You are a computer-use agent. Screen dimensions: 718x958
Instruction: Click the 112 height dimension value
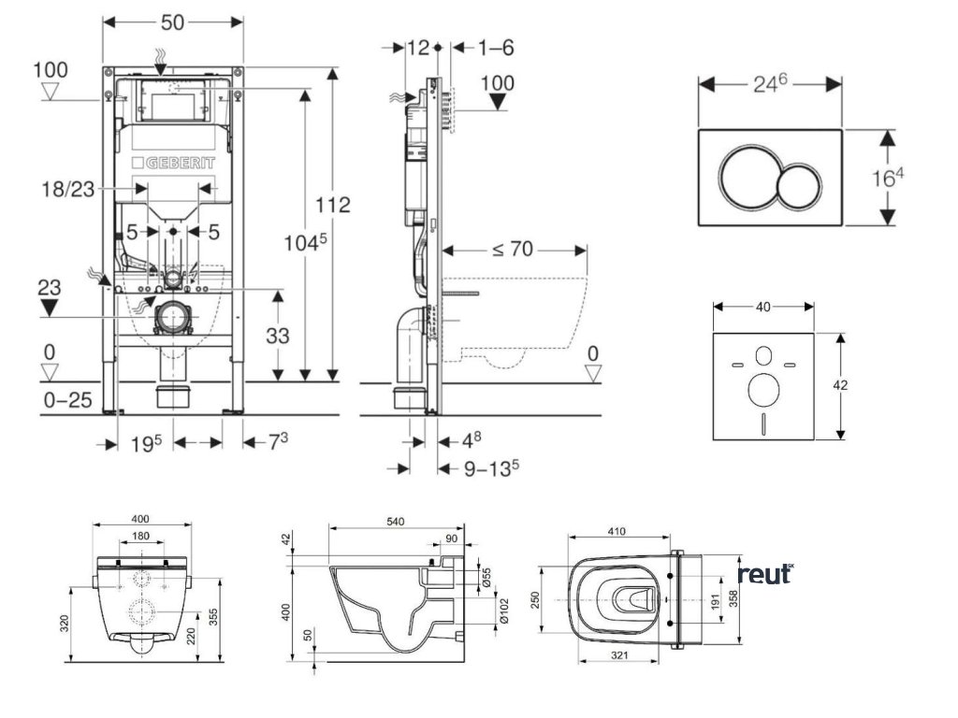point(333,205)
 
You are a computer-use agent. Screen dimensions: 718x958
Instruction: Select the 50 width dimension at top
point(172,21)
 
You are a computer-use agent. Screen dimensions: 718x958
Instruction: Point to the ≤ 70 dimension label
point(514,250)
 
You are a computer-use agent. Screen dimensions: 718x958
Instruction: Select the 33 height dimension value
point(278,335)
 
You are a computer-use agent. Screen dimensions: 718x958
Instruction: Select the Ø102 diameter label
point(501,611)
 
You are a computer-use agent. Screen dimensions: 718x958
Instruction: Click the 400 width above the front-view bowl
point(140,519)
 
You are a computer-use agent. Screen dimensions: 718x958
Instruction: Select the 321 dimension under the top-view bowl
point(616,657)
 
